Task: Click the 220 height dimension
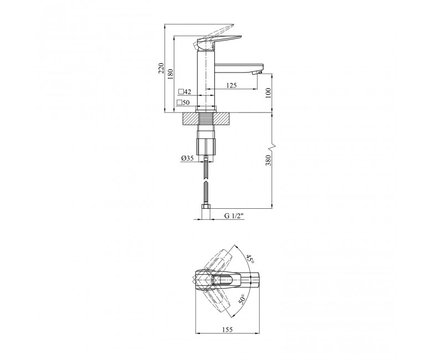161,68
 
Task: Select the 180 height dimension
171,73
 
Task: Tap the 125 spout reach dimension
232,85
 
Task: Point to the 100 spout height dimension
269,93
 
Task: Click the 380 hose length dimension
269,160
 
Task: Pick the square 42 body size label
184,91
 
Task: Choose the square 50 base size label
183,103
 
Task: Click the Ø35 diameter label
187,158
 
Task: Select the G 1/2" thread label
234,216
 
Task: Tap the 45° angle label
250,259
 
